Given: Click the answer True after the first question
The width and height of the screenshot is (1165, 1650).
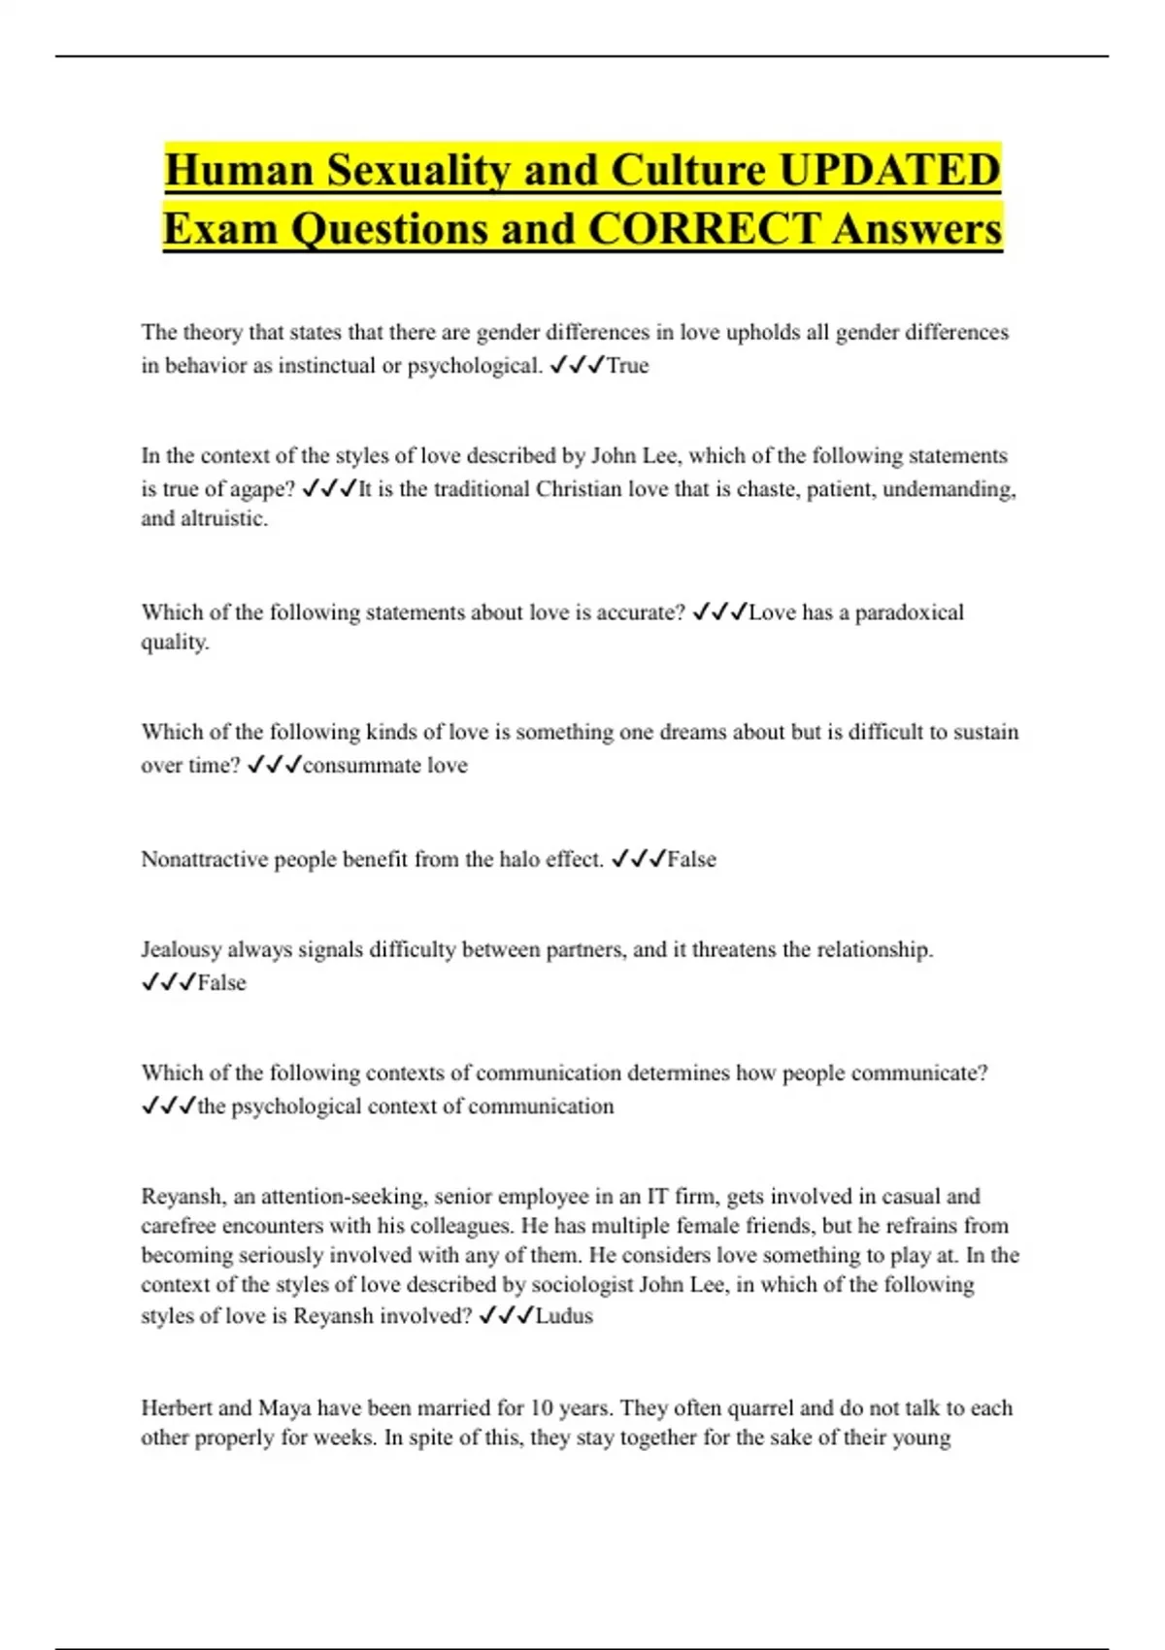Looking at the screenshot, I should (x=627, y=366).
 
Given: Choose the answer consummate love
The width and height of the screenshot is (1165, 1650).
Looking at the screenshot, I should (x=385, y=766).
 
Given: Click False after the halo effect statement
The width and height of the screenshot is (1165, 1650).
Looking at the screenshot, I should (x=691, y=859).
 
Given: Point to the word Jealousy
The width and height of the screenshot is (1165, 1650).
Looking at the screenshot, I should (x=182, y=949).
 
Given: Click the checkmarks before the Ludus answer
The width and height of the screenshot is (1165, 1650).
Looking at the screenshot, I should (x=506, y=1316).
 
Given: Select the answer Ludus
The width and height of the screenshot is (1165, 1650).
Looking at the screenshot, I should (x=564, y=1316).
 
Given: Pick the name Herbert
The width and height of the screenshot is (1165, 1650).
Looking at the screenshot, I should (x=177, y=1408).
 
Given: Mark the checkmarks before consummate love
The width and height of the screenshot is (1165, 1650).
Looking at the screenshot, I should (x=274, y=766).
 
